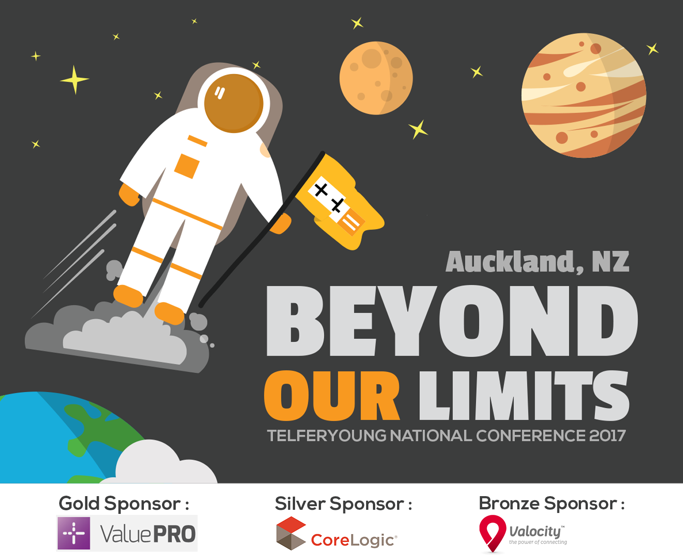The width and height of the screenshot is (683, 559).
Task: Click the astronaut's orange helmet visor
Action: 234,103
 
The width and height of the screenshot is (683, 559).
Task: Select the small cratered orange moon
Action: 376,78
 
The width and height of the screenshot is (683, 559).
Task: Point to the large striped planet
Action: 584,95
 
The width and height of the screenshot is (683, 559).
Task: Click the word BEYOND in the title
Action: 452,321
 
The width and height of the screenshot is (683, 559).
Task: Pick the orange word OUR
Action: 331,396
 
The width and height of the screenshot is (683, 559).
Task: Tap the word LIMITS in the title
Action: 524,396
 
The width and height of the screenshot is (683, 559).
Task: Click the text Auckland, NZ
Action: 537,262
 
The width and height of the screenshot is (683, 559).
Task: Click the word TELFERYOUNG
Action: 326,436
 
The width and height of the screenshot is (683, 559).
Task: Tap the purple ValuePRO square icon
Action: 74,533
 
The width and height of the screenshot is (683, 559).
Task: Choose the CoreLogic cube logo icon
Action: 291,533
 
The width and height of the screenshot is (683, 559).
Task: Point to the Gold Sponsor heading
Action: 124,504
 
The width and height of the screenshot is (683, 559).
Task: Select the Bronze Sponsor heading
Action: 551,503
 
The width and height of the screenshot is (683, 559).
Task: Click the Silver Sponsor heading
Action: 343,504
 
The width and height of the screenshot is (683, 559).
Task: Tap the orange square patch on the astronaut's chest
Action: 187,166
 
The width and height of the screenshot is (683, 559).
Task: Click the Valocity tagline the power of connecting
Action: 538,542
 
